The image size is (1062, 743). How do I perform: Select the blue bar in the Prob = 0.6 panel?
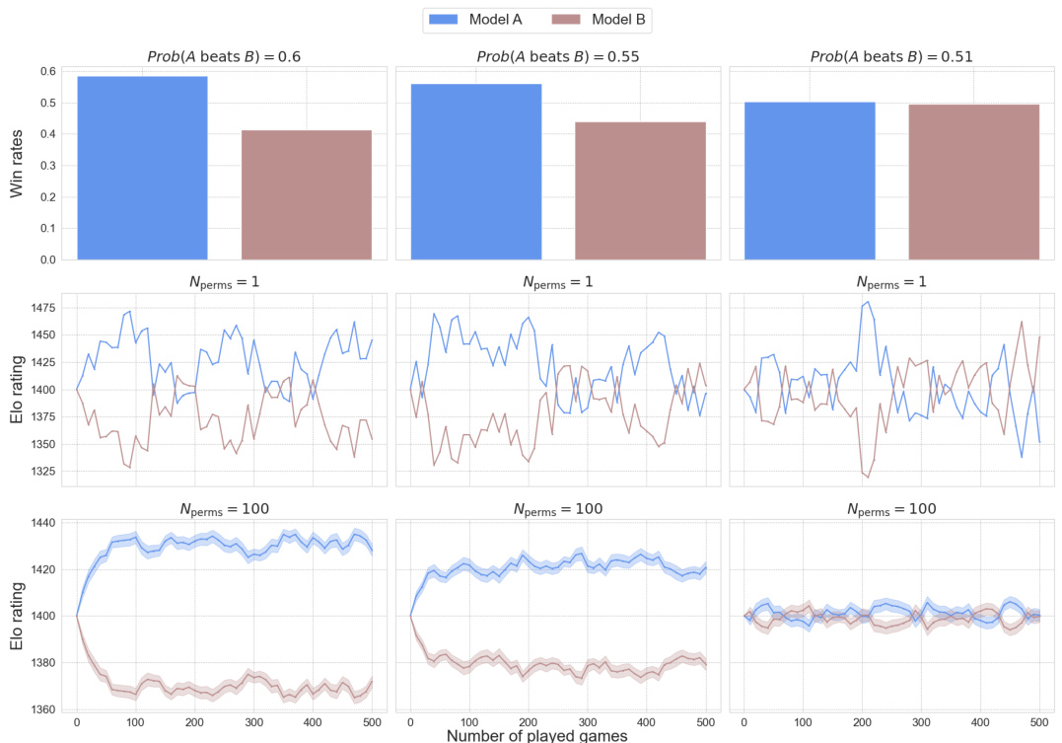point(142,168)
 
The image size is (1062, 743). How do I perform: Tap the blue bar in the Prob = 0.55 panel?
point(476,172)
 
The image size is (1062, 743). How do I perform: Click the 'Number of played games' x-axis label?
point(536,734)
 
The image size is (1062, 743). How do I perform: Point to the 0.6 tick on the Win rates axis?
point(46,71)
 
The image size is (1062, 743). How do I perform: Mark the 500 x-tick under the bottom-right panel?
point(1039,721)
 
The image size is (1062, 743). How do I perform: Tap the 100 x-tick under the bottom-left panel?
point(136,721)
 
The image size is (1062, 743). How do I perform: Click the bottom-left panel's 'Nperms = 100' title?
point(224,509)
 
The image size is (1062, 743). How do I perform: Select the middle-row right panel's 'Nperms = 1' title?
point(891,282)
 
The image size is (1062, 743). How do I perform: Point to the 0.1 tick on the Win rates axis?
point(46,228)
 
